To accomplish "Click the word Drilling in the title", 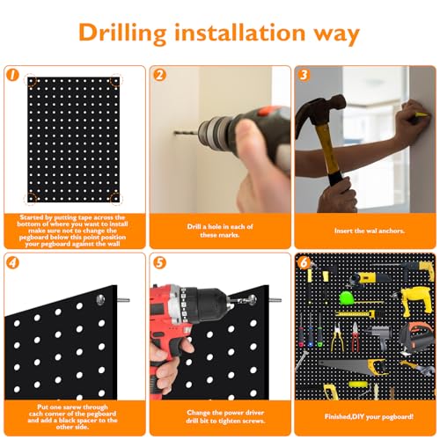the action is click(122, 33).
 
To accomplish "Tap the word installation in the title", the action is click(240, 32).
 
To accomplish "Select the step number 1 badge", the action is click(12, 75).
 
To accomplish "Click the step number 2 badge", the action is click(159, 75).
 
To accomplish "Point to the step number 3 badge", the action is click(304, 75).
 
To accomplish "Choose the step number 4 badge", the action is click(12, 262).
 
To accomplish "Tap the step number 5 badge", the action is click(159, 262).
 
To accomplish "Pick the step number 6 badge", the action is click(304, 262).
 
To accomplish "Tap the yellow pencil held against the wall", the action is click(419, 114).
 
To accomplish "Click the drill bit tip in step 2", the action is click(174, 133).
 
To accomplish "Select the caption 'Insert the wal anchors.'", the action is click(370, 231).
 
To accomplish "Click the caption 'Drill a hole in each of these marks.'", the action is click(220, 231).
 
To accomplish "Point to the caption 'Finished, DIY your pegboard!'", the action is click(369, 416).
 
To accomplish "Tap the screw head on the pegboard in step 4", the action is click(100, 299).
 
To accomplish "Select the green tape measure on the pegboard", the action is click(345, 298).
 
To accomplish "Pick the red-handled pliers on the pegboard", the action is click(356, 337).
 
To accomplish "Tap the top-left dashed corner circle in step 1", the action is click(31, 81).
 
